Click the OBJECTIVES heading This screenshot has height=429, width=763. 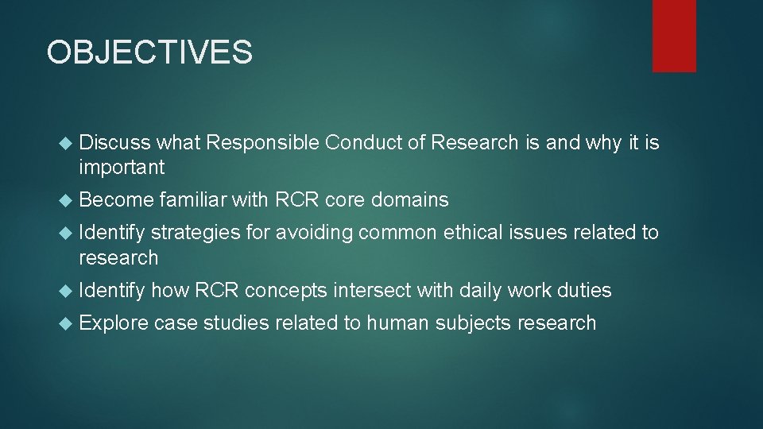149,52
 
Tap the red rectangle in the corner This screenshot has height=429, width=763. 674,35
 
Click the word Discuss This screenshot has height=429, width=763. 115,143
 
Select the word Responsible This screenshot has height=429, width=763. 262,143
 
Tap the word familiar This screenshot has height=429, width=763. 193,200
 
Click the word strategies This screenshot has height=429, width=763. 191,233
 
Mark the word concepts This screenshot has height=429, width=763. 285,291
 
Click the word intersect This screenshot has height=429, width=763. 371,291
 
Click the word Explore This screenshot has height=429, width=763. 114,323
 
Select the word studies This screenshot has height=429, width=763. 235,323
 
